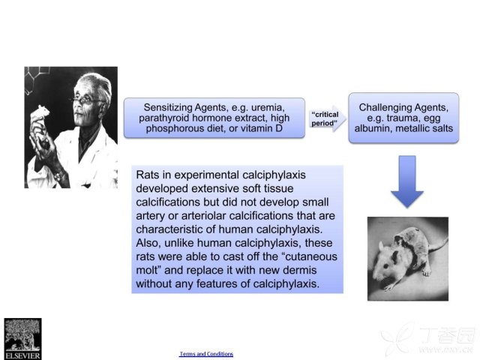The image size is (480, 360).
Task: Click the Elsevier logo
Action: coord(22,339)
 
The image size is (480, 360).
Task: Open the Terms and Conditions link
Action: coord(206,354)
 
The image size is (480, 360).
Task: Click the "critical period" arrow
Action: coord(327,118)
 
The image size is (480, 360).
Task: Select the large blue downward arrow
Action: coord(407,181)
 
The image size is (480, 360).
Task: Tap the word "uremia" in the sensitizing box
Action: coord(268,107)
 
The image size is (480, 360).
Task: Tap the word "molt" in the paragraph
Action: coord(146,270)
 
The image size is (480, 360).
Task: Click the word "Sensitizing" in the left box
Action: coord(168,108)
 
